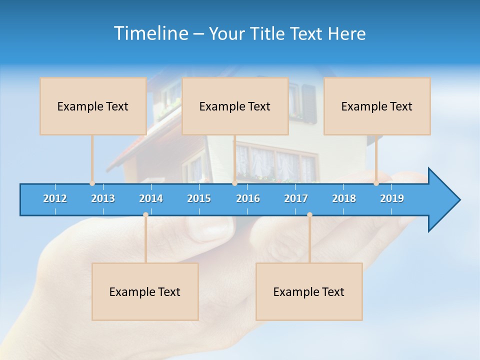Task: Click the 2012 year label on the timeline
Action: click(55, 198)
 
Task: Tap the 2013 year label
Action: click(103, 198)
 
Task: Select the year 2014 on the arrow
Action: click(151, 198)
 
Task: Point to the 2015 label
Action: click(199, 198)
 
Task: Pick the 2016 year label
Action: click(248, 198)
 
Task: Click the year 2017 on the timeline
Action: click(296, 198)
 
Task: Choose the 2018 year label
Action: click(344, 198)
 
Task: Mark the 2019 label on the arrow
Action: click(392, 198)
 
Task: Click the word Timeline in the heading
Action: click(149, 33)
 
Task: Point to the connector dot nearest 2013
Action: click(92, 183)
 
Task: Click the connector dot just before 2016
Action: click(234, 183)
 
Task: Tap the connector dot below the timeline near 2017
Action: click(309, 215)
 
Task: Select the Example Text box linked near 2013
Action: click(92, 106)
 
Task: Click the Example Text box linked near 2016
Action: click(234, 106)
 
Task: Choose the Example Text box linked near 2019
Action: click(376, 106)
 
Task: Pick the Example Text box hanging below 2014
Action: click(145, 291)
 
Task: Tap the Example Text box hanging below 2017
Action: click(308, 291)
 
